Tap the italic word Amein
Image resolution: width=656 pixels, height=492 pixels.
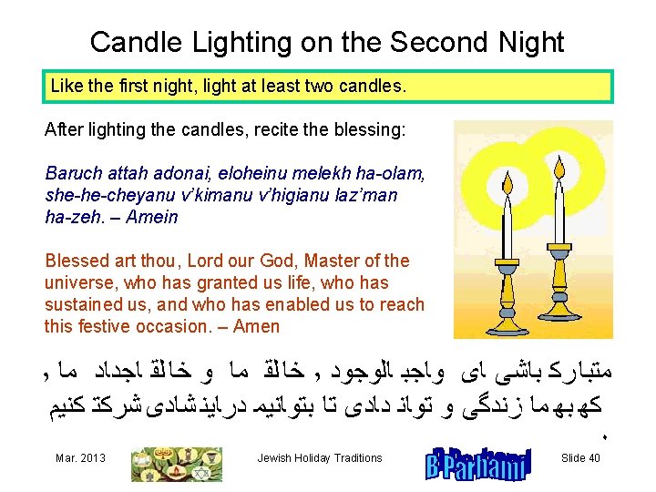pos(154,217)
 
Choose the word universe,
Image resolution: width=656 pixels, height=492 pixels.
pos(77,282)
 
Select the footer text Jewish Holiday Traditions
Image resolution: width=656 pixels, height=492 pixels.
pos(320,458)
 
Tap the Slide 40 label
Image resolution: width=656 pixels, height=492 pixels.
pos(580,458)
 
